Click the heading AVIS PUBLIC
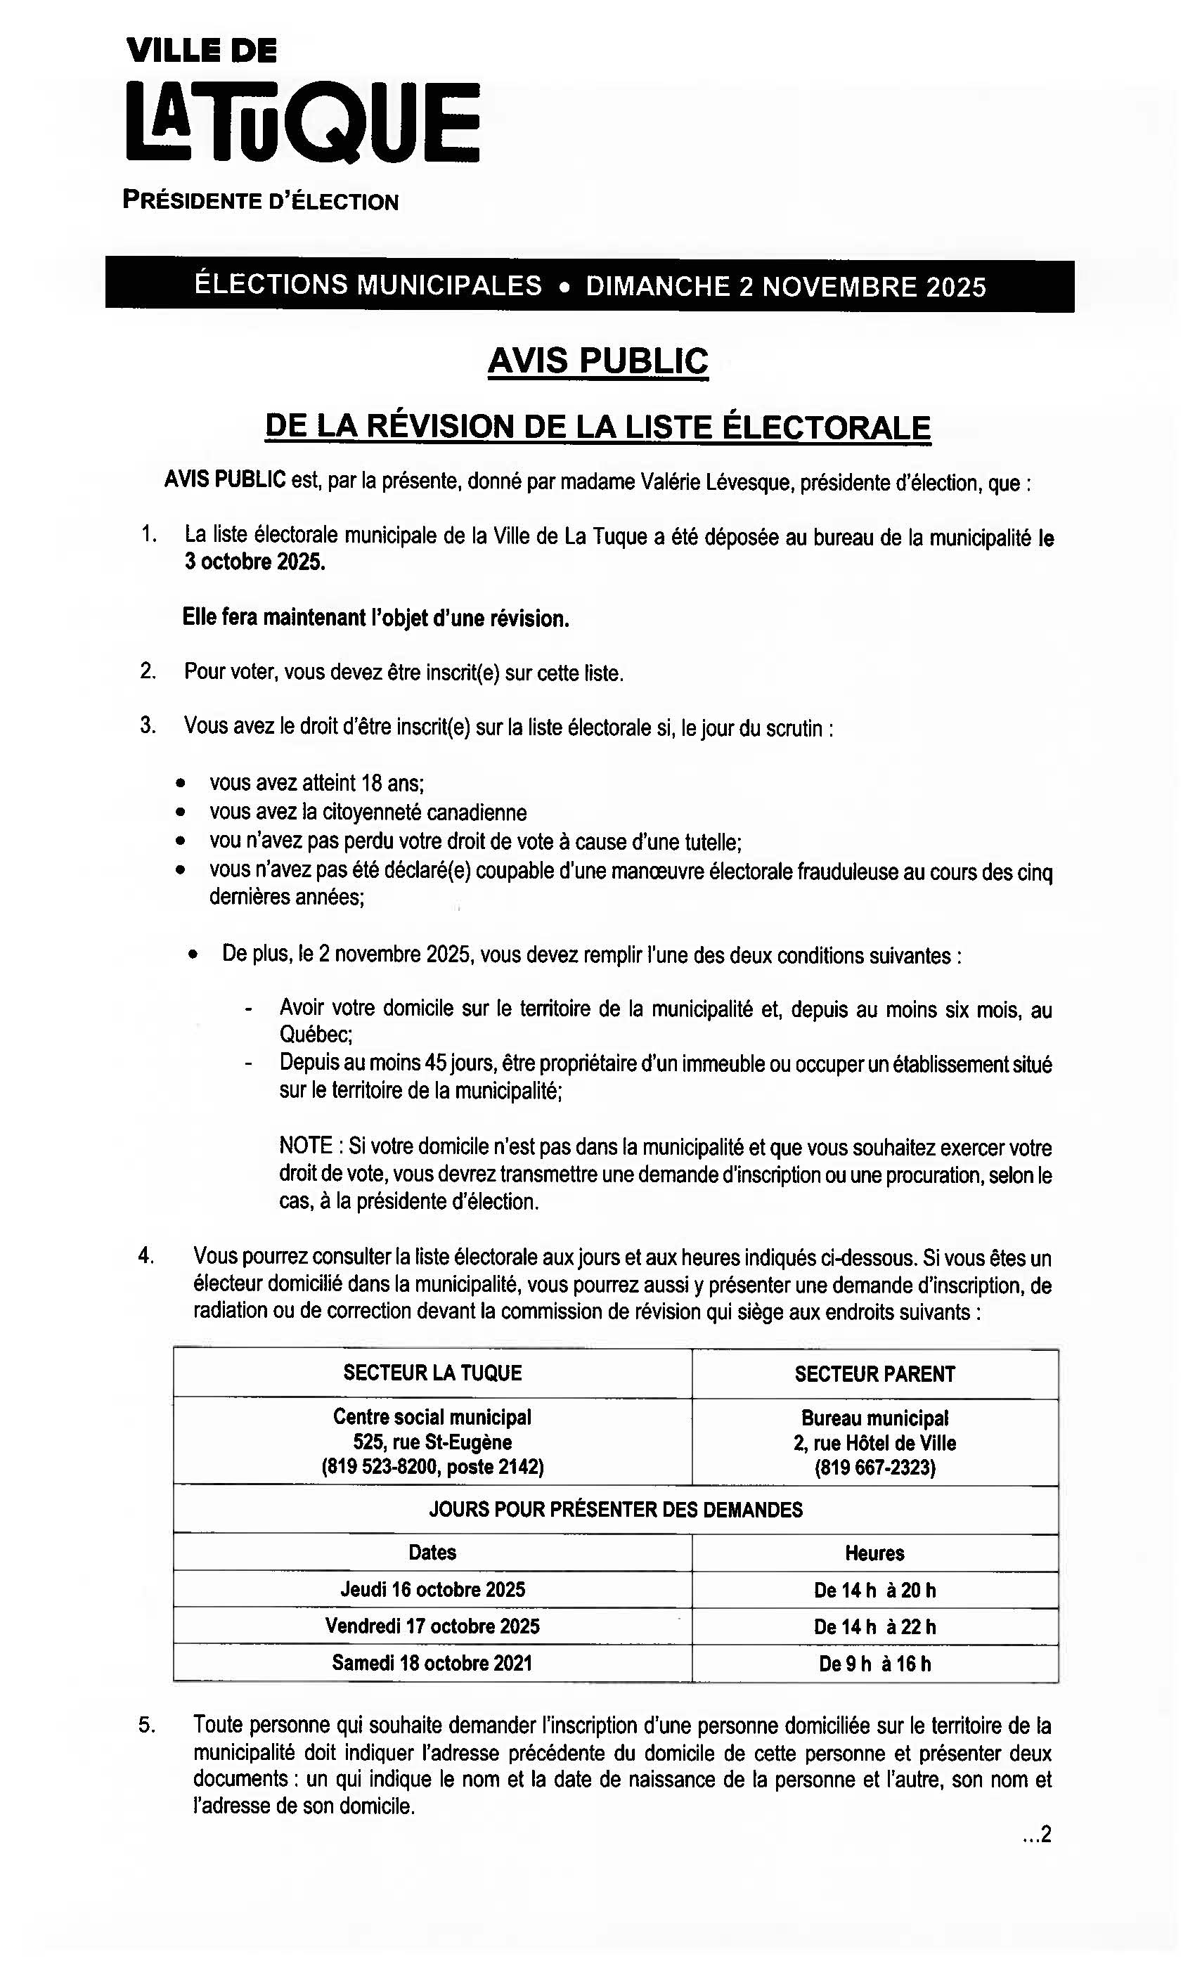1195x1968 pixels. click(x=597, y=361)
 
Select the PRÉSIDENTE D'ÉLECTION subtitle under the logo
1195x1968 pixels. click(x=260, y=200)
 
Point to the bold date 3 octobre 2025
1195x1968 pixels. click(x=254, y=562)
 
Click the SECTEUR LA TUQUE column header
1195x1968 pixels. click(x=432, y=1372)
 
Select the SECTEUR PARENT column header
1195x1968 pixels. click(x=874, y=1374)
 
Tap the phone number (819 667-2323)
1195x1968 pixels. click(x=874, y=1468)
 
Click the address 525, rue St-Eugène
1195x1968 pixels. click(x=432, y=1442)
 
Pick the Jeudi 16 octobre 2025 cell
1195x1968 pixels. click(x=432, y=1589)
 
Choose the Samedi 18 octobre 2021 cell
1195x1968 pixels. click(x=432, y=1663)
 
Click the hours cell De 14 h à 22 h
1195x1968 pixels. click(x=874, y=1627)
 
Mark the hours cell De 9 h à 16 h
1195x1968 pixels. click(x=874, y=1664)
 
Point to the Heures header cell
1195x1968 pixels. click(x=874, y=1553)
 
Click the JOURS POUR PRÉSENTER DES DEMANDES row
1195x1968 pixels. click(x=615, y=1510)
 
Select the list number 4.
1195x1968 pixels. click(x=146, y=1255)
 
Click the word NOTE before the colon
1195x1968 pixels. click(x=305, y=1146)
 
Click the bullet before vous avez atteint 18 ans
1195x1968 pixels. click(x=182, y=783)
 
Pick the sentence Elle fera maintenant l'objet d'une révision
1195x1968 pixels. click(x=375, y=619)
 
